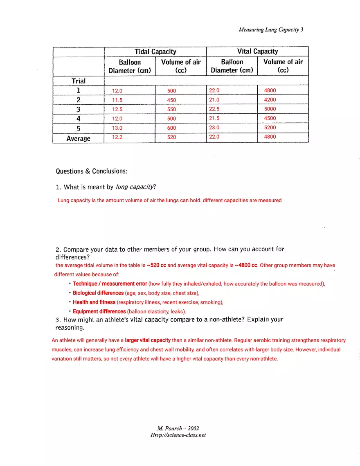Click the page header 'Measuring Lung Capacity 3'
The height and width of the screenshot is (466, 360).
[271, 29]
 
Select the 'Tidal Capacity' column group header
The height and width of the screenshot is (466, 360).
[155, 52]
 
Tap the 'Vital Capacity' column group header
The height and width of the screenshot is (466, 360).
[257, 51]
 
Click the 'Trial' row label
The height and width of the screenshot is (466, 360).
[79, 81]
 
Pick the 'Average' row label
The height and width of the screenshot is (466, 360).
[79, 138]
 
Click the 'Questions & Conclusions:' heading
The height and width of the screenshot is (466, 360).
[92, 171]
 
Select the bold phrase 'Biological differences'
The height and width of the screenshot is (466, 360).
[98, 293]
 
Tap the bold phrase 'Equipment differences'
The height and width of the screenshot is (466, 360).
[99, 311]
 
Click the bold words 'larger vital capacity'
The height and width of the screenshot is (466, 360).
[148, 340]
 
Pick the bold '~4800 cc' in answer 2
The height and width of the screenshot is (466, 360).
[246, 265]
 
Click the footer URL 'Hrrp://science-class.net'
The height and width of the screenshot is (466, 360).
[178, 435]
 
